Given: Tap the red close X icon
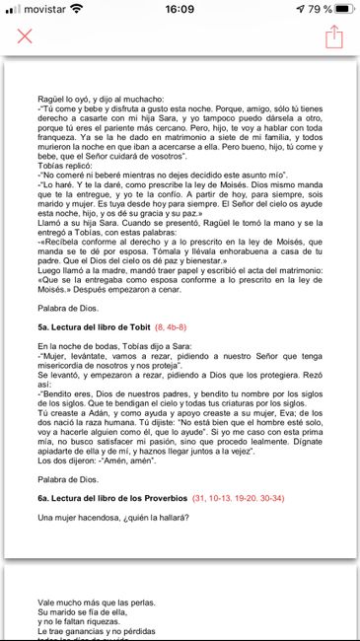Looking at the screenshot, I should [25, 36].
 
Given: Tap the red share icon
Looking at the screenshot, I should [334, 36].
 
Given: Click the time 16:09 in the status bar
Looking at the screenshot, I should [180, 9].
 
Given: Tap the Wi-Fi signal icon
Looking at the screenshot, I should [78, 9].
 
